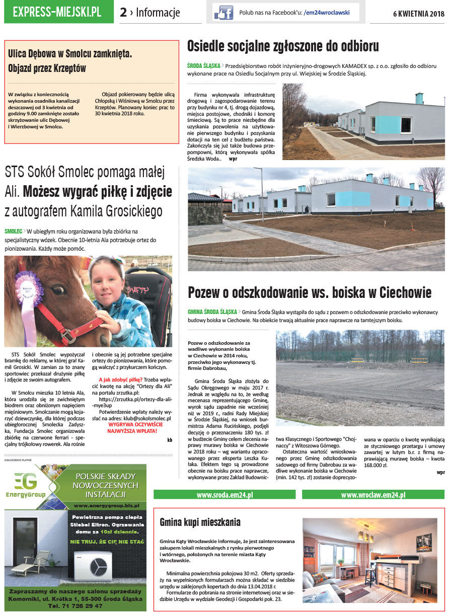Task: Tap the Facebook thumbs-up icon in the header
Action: coord(223,12)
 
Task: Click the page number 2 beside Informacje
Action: coord(123,13)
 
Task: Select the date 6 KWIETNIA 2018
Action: coord(419,14)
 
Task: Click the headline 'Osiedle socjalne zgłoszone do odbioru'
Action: coord(283,46)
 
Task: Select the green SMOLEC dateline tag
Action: coord(14,231)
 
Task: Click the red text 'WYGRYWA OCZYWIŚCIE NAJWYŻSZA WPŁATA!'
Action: coord(133,428)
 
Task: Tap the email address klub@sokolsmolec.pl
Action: coord(146,418)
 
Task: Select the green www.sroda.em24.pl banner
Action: coord(224,495)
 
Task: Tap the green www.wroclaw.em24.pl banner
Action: coord(373,495)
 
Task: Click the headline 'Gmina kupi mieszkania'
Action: coord(200,522)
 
